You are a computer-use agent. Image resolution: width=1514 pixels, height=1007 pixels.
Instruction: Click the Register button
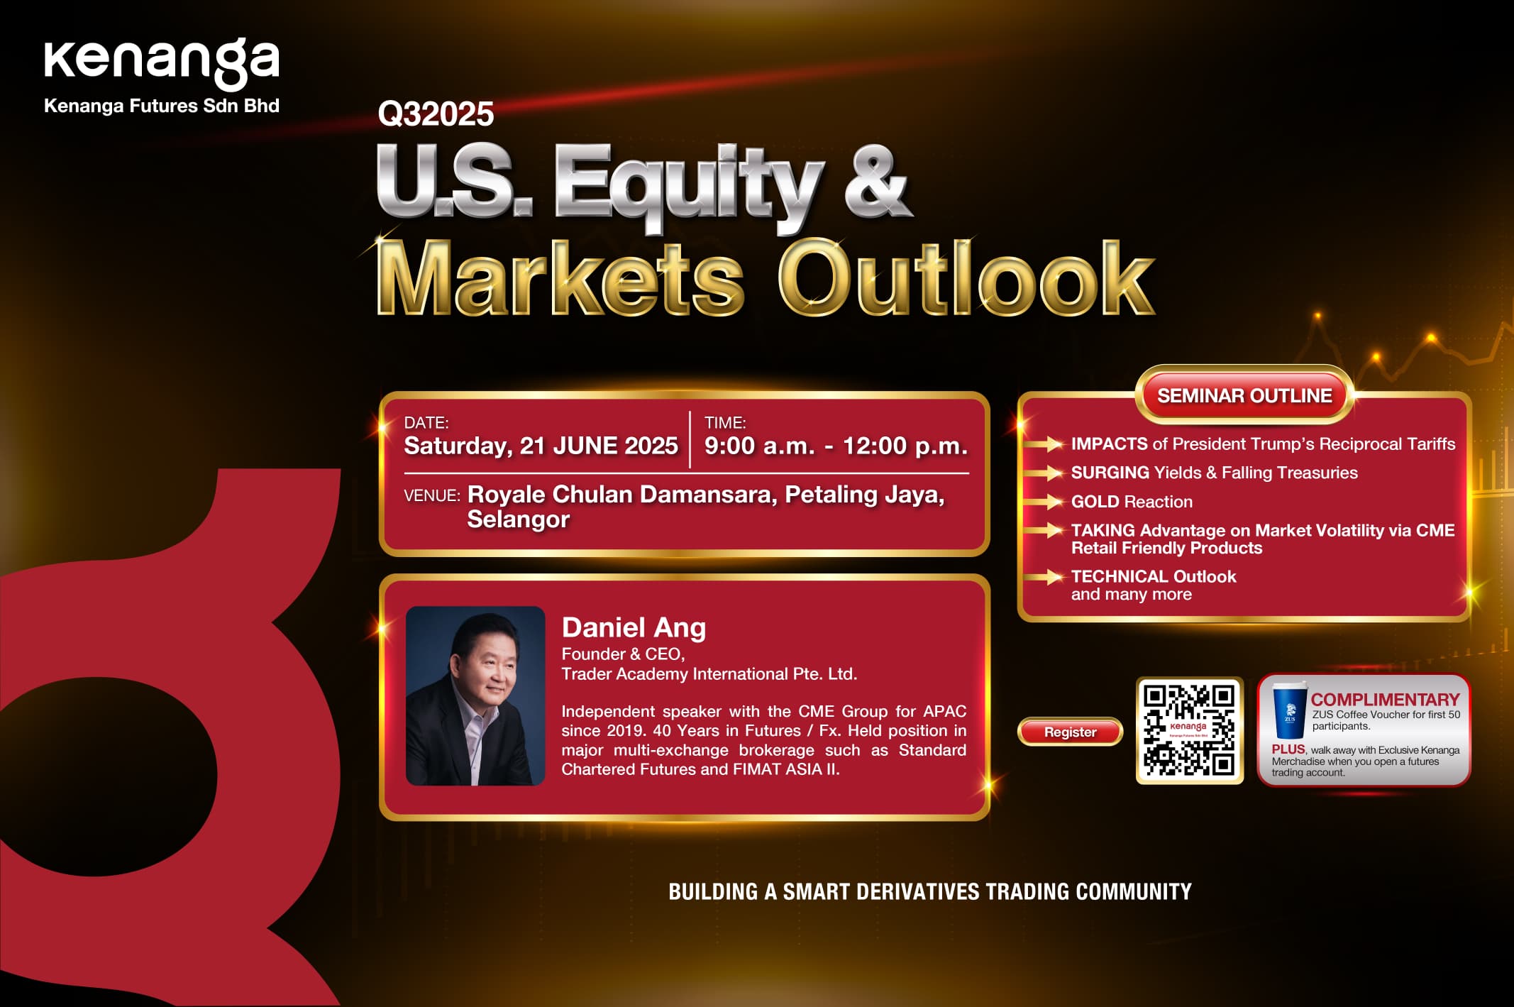pyautogui.click(x=1070, y=732)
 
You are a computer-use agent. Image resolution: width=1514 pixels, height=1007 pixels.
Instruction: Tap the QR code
pyautogui.click(x=1190, y=730)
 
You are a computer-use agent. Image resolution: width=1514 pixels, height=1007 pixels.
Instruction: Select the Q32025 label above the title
pyautogui.click(x=436, y=114)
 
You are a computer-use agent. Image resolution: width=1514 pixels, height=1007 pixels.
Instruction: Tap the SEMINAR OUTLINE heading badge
pyautogui.click(x=1244, y=395)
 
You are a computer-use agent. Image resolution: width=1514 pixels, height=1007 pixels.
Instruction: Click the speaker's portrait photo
pyautogui.click(x=475, y=695)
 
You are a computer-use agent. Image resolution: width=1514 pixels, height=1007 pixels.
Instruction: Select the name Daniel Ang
pyautogui.click(x=634, y=627)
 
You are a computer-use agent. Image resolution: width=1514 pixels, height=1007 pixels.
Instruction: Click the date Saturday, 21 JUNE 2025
pyautogui.click(x=541, y=446)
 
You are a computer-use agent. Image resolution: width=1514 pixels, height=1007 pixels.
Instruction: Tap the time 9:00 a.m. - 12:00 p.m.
pyautogui.click(x=836, y=446)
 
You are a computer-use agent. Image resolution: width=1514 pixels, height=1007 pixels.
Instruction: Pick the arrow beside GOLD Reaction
pyautogui.click(x=1044, y=502)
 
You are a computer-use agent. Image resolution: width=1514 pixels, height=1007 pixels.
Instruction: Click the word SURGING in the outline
pyautogui.click(x=1110, y=473)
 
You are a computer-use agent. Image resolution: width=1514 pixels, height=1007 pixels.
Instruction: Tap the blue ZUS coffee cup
pyautogui.click(x=1289, y=710)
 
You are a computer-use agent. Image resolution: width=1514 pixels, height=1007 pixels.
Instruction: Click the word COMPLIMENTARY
pyautogui.click(x=1385, y=700)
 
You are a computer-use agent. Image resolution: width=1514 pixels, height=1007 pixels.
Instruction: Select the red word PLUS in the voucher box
pyautogui.click(x=1288, y=749)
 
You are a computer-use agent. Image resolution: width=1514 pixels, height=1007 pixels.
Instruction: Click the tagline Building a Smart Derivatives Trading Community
pyautogui.click(x=930, y=892)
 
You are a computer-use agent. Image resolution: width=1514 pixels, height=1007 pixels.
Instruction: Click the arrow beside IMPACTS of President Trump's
pyautogui.click(x=1044, y=444)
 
